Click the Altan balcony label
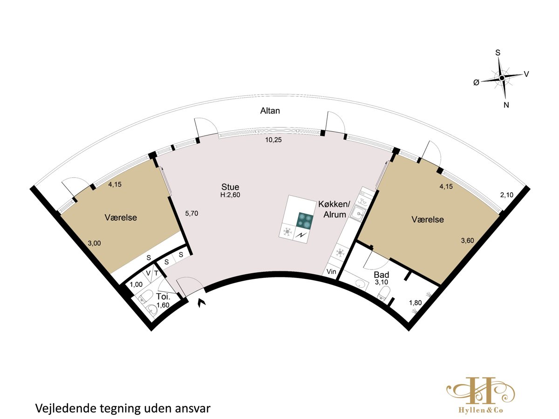coord(270,111)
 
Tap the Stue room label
coord(230,187)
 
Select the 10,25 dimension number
coord(273,140)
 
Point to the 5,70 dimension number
coord(191,213)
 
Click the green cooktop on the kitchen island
coord(305,220)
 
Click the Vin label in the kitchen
coord(331,271)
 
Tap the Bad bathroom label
coord(382,275)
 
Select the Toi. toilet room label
coord(163,297)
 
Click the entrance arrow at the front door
coord(202,303)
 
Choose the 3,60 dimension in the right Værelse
coord(468,240)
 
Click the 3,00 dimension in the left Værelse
coord(94,243)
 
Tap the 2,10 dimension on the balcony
coord(507,195)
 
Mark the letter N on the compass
coord(506,105)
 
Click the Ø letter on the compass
coord(476,82)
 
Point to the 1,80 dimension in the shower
coord(416,303)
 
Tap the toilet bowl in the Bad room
coord(384,293)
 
